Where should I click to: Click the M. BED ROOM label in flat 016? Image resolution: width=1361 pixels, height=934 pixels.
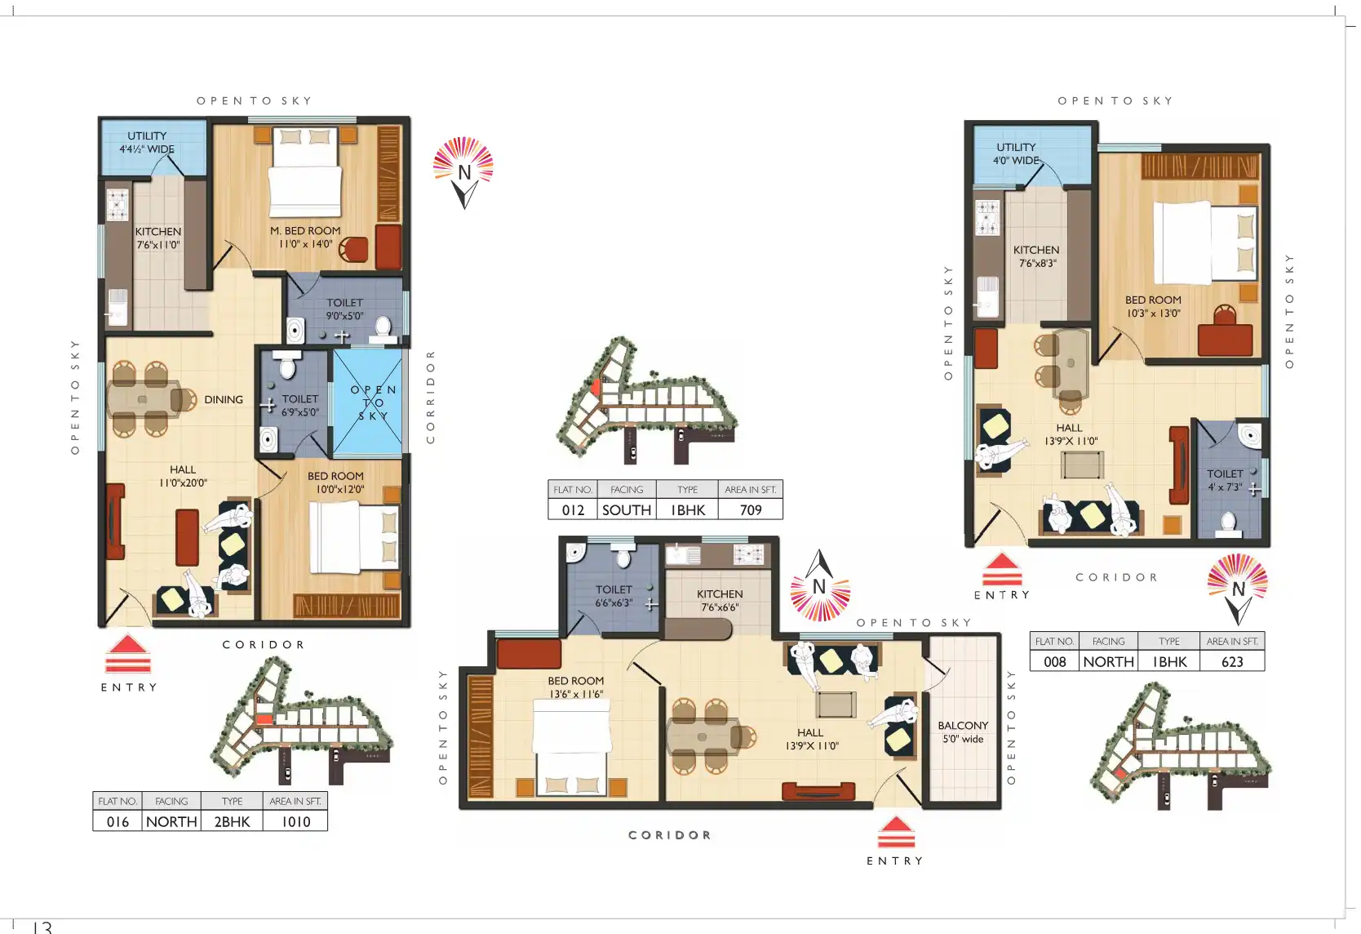pos(305,237)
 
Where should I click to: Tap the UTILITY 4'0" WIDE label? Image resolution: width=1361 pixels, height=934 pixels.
pos(1016,153)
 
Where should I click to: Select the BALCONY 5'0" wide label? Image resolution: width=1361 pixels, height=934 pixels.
pos(963,732)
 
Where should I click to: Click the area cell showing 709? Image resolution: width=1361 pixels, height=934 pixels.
pos(751,509)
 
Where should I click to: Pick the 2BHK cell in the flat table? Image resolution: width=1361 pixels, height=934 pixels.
pos(232,821)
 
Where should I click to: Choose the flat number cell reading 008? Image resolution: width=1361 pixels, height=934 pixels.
pos(1055,661)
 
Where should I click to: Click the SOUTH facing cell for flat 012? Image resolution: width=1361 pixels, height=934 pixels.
pos(627,509)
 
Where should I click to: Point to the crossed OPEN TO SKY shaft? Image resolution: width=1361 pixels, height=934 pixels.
pos(367,402)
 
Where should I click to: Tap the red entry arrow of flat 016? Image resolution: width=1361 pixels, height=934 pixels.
pos(127,654)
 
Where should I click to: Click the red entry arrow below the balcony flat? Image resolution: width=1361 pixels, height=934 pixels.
pos(896,832)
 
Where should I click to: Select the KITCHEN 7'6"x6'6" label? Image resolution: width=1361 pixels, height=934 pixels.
pos(720,600)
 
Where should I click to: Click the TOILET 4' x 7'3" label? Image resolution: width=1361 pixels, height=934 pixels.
pos(1225,480)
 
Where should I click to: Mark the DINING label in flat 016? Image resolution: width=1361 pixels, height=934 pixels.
pos(224,399)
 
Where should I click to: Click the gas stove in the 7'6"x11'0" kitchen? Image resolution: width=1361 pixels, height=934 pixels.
pos(117,204)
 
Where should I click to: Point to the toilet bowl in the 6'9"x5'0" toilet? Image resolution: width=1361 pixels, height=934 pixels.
pos(284,364)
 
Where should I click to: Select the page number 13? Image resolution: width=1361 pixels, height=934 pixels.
pos(42,927)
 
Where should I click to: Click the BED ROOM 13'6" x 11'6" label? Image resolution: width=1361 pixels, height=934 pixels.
pos(576,687)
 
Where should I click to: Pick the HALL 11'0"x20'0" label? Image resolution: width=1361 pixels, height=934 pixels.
pos(183,476)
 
